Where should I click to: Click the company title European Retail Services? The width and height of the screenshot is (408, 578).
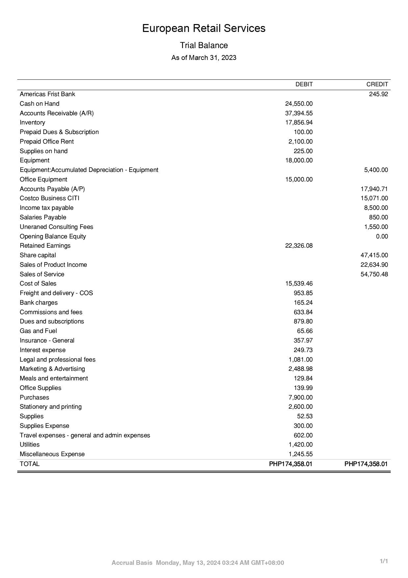(204, 28)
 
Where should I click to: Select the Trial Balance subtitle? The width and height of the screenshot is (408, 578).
(204, 45)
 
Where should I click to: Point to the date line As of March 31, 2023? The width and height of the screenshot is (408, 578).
(204, 58)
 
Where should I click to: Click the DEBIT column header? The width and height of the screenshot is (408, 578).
(304, 84)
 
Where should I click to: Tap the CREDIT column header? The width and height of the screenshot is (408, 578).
(377, 84)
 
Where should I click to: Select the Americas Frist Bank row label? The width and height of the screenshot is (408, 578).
(47, 94)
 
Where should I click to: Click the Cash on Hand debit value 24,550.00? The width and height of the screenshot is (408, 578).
(299, 104)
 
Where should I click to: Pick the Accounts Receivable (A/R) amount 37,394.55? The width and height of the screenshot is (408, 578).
(299, 113)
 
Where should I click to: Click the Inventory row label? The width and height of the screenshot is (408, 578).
(32, 123)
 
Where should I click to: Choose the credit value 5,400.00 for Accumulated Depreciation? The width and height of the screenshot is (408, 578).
(376, 170)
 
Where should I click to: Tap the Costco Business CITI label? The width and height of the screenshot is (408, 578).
(49, 198)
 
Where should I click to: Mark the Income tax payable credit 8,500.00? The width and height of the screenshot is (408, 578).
(376, 208)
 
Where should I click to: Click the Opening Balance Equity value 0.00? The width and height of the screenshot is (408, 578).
(382, 236)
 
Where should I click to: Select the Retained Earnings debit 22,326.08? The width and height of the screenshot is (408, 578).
(299, 246)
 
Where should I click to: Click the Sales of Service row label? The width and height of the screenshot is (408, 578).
(42, 274)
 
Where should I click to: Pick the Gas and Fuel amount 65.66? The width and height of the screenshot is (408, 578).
(305, 331)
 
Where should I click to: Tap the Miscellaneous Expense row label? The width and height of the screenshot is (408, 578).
(52, 454)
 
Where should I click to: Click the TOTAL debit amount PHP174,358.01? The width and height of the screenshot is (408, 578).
(291, 464)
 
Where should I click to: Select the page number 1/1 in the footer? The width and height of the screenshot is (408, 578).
(384, 561)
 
